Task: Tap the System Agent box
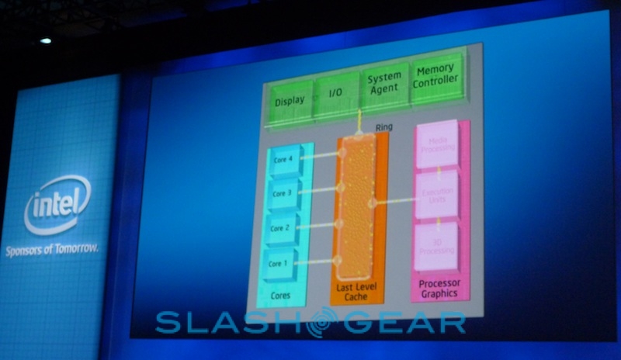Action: [384, 84]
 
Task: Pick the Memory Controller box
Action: [435, 78]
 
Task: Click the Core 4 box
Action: [284, 159]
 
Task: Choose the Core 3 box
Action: [284, 192]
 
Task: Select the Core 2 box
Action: [283, 229]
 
